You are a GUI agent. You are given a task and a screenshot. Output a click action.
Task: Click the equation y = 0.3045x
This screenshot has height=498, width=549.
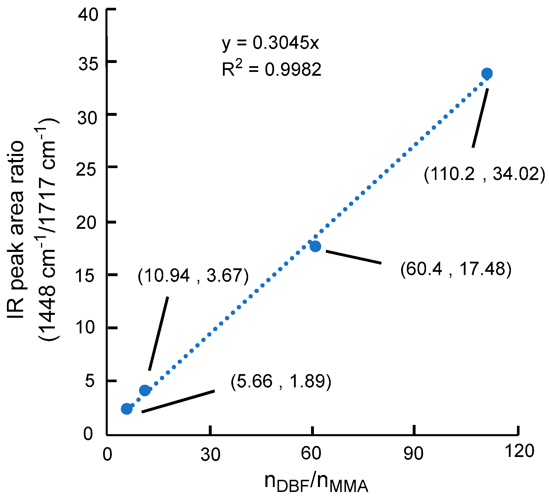click(270, 43)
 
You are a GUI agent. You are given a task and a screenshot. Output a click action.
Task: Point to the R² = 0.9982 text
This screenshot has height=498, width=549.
click(271, 69)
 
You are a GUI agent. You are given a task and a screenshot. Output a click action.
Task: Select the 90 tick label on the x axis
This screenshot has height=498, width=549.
click(414, 454)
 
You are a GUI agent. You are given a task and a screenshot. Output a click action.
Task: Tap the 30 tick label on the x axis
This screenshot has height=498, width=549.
click(211, 455)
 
